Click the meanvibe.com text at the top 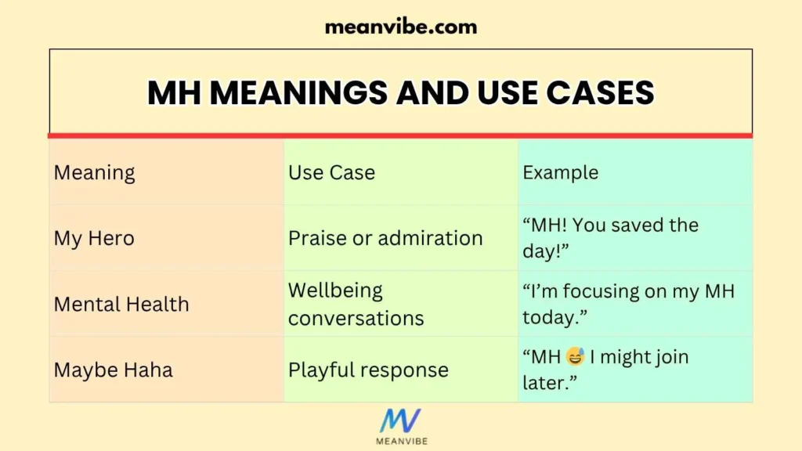pos(400,27)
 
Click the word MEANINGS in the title pos(299,93)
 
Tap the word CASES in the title pos(601,93)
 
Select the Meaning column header pos(94,172)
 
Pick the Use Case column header pos(331,172)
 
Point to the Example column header pos(560,172)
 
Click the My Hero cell pos(94,238)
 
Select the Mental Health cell pos(121,304)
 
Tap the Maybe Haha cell pos(113,370)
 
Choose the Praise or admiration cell pos(385,238)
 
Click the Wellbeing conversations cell pos(356,304)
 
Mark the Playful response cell pos(368,370)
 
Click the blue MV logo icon pos(400,421)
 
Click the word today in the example pos(552,318)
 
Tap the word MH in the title pos(174,93)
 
